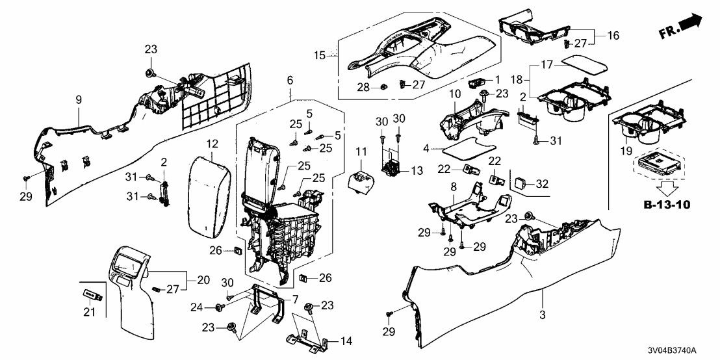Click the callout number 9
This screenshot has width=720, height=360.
pyautogui.click(x=79, y=101)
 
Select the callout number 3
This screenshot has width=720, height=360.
pyautogui.click(x=543, y=313)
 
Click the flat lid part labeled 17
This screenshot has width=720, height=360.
pyautogui.click(x=582, y=66)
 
